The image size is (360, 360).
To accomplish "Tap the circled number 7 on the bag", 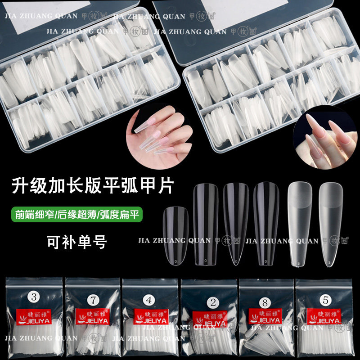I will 94,298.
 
